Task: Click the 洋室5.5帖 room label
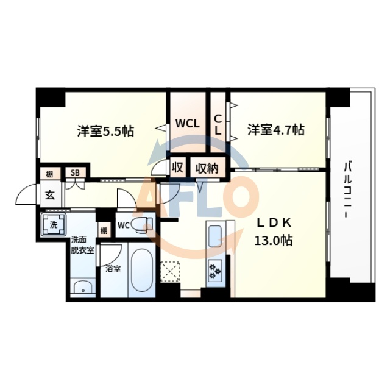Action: point(105,131)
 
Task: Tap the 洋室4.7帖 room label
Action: point(275,130)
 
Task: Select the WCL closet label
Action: point(188,123)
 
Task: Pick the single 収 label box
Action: point(178,167)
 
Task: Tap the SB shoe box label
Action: point(75,172)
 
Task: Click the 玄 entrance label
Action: point(49,195)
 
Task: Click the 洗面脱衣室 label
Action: point(82,245)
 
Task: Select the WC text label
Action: point(123,225)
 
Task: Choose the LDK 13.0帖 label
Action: point(273,232)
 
